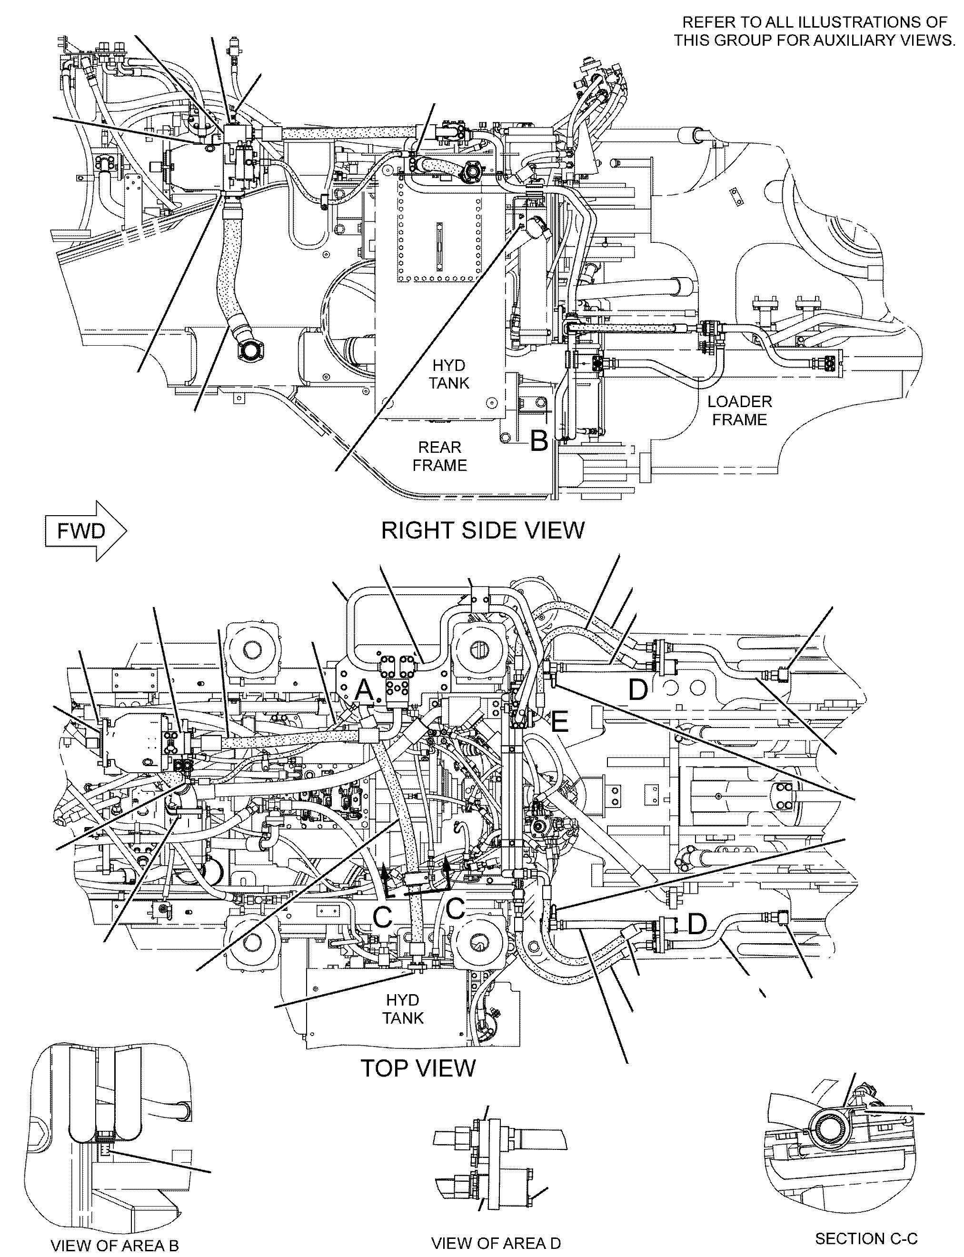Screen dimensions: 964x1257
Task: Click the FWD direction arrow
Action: point(86,530)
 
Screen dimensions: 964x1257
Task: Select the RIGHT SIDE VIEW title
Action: point(483,530)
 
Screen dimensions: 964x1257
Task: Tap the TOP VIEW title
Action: point(418,1068)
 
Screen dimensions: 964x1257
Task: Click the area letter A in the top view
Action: point(364,690)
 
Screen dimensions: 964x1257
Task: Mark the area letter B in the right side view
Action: point(539,441)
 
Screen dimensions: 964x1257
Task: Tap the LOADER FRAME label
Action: point(740,410)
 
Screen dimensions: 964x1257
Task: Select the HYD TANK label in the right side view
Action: point(449,374)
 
